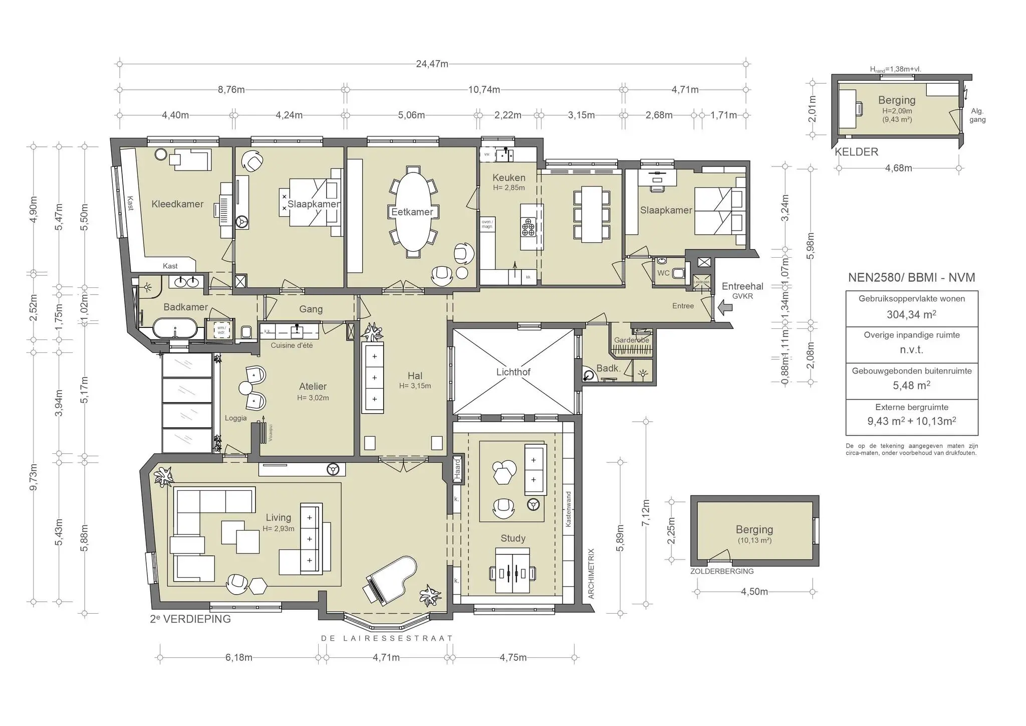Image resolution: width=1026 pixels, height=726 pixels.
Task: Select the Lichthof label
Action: point(513,372)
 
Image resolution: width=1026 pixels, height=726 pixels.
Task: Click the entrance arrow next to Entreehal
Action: point(725,307)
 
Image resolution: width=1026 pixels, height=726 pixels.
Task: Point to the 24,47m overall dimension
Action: point(432,64)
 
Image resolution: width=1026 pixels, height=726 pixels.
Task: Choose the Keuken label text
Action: point(508,177)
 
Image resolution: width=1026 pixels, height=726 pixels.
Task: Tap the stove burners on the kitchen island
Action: point(529,226)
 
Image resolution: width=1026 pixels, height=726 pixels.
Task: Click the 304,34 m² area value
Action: point(911,314)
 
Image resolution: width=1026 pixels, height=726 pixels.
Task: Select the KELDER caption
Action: point(856,152)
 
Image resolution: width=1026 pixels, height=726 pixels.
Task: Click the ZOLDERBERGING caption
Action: point(721,571)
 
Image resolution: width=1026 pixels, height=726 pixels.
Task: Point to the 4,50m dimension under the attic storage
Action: point(754,592)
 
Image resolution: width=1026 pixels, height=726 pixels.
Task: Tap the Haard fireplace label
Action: point(457,468)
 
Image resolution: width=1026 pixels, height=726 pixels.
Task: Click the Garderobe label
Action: point(631,340)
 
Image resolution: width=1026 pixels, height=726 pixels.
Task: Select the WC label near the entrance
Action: point(663,273)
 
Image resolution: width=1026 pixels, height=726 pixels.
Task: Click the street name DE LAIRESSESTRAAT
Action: point(387,638)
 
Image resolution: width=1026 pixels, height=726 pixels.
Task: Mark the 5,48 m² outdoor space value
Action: point(911,386)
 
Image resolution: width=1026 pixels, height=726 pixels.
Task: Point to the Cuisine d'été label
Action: point(292,345)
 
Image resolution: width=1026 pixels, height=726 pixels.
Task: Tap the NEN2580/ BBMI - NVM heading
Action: point(911,278)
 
